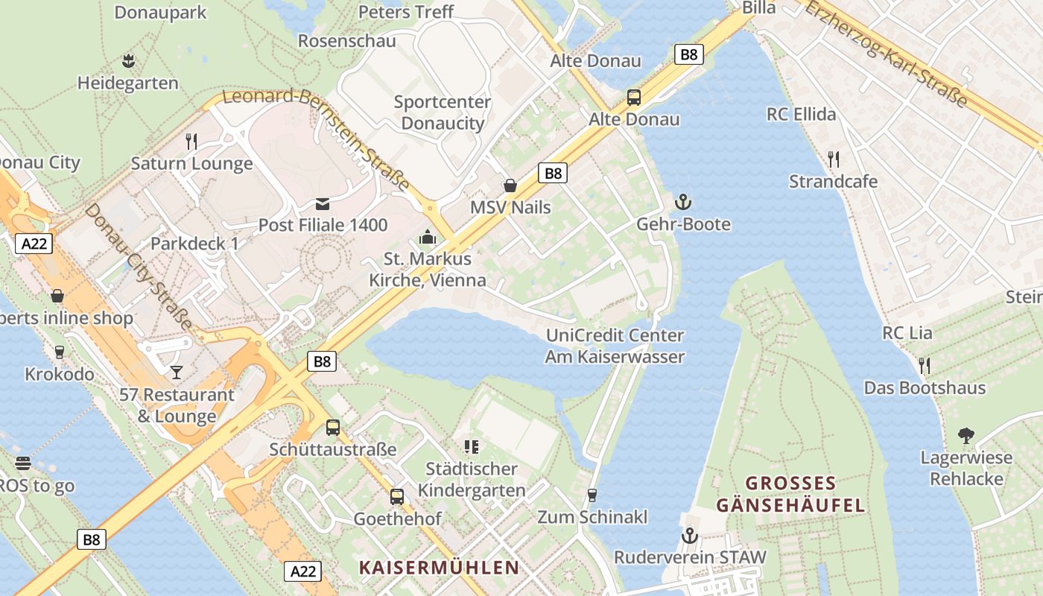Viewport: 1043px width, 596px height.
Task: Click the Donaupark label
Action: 160,13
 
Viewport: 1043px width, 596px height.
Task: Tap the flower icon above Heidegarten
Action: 128,60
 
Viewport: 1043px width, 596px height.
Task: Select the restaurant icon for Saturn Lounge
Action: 191,141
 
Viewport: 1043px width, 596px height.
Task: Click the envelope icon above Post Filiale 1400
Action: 323,203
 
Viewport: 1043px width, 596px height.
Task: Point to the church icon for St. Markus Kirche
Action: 428,237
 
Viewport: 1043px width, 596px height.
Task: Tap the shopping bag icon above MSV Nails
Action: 510,185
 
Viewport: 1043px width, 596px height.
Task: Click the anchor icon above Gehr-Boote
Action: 683,202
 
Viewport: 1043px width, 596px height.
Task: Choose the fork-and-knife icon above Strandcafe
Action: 834,159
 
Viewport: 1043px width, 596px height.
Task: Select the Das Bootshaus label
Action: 924,387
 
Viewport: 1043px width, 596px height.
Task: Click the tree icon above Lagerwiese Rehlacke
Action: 966,435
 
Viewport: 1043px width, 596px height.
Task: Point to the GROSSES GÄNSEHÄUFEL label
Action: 790,494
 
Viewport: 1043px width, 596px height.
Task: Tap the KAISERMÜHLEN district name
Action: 439,567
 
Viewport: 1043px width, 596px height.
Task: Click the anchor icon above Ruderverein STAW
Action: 690,536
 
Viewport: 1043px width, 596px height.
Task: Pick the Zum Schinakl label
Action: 592,516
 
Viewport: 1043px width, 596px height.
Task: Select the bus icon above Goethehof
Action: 397,496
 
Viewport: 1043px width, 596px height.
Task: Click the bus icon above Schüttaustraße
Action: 333,428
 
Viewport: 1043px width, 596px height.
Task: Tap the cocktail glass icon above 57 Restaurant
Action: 177,372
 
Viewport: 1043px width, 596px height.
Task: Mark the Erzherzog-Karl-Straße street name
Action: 886,53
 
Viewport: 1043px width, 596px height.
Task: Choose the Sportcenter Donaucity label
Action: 443,112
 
